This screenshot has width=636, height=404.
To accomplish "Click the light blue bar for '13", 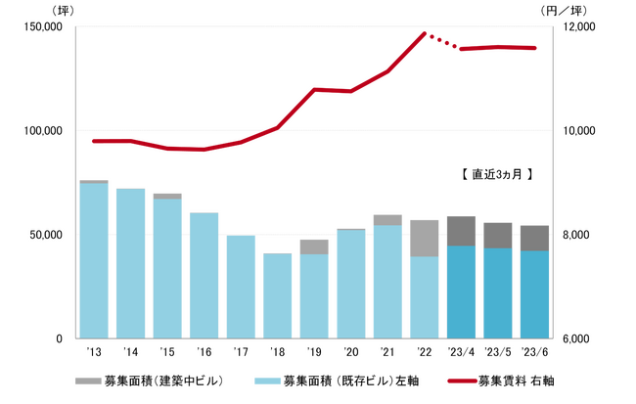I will pyautogui.click(x=94, y=260).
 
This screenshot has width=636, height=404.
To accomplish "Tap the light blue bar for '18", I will pyautogui.click(x=277, y=295).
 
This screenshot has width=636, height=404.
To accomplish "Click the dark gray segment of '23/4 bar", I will pyautogui.click(x=461, y=231).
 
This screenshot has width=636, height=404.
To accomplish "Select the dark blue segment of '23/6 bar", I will pyautogui.click(x=534, y=294).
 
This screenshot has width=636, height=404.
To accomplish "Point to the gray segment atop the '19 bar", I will pyautogui.click(x=314, y=247).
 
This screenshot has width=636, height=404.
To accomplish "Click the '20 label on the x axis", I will pyautogui.click(x=350, y=351).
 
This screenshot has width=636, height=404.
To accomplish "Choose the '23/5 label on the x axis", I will pyautogui.click(x=497, y=351).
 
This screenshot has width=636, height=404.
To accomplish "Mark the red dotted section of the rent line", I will pyautogui.click(x=442, y=42).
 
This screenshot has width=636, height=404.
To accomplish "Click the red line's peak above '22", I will pyautogui.click(x=425, y=33).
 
